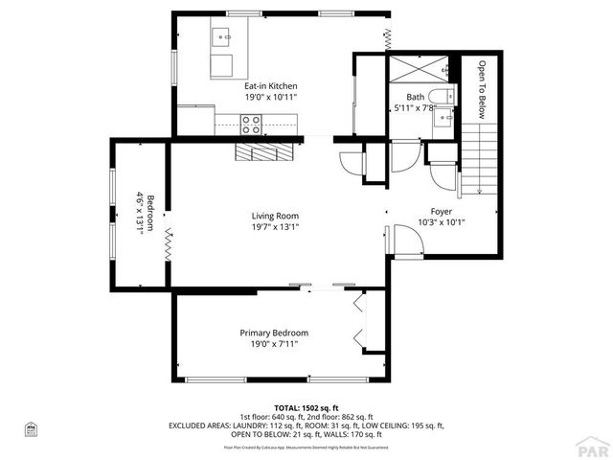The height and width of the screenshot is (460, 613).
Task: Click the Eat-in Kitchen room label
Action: [x=270, y=86]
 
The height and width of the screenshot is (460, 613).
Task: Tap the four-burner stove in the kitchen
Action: [x=251, y=123]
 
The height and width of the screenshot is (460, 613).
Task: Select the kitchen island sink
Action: [x=224, y=38]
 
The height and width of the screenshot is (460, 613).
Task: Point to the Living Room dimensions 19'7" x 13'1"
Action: [x=275, y=227]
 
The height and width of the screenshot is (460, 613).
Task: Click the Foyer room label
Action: [x=441, y=211]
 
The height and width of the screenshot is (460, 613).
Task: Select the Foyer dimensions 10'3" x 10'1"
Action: [x=441, y=222]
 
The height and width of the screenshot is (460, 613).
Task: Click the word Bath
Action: [x=415, y=97]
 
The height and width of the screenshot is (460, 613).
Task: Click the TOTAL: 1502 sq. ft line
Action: [x=306, y=407]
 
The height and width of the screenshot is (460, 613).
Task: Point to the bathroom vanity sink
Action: [x=443, y=124]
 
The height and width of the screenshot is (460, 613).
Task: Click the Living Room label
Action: [x=275, y=216]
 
